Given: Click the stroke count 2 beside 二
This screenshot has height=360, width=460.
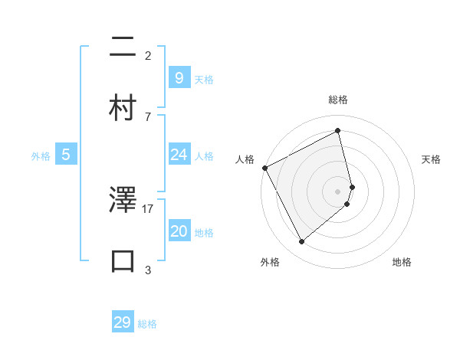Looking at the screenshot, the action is tap(148, 56).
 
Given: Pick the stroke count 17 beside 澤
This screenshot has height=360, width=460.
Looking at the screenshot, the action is tap(148, 208).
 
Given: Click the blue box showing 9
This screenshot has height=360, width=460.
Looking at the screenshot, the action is tap(179, 77).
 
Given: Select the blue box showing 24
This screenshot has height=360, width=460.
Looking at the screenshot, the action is tap(179, 155).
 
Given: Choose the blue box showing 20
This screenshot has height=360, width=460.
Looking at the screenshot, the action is tap(179, 231).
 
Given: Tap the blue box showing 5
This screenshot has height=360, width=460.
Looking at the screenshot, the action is tap(66, 155).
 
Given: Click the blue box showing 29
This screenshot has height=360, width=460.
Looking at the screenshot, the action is tap(123, 322).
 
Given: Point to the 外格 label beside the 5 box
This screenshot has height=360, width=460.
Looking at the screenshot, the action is tap(41, 156).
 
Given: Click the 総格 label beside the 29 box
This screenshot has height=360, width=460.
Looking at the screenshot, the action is tap(147, 324).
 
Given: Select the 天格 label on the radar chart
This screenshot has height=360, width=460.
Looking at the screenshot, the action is tap(431, 159).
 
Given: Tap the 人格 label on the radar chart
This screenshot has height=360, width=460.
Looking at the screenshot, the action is tap(245, 159).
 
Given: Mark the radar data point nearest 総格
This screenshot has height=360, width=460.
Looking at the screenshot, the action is tap(338, 131).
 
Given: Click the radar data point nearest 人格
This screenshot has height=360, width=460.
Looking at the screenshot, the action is tap(264, 168).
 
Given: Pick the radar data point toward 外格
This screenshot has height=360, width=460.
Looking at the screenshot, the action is tap(301, 242).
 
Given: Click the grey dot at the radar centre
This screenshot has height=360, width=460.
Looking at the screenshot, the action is tap(338, 191).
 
